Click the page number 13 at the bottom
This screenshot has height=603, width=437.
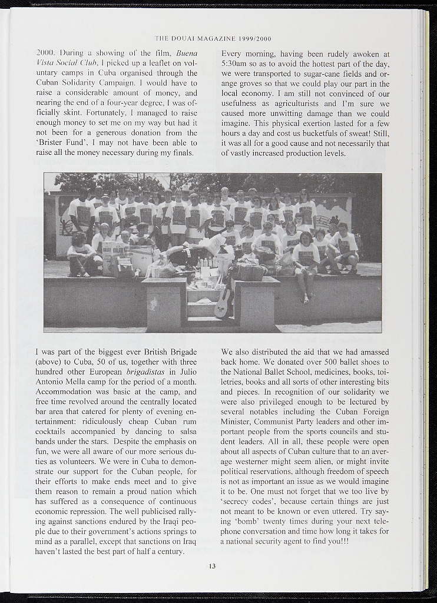(x=212, y=566)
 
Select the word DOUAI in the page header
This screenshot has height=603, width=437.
(x=187, y=39)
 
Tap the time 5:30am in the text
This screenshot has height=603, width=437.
(x=236, y=64)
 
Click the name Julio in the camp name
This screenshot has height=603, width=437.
(x=186, y=372)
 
